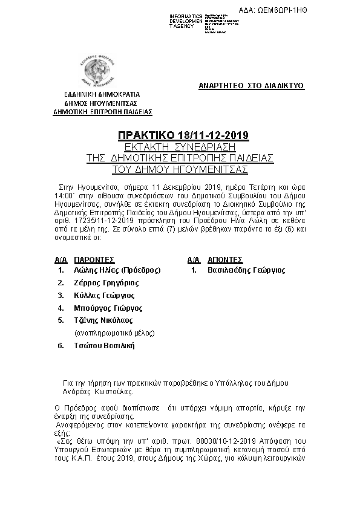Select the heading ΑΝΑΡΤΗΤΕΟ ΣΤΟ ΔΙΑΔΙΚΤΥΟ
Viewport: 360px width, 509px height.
[252, 86]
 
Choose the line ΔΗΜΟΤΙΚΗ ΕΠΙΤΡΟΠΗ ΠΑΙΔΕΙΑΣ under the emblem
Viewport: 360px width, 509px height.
[103, 112]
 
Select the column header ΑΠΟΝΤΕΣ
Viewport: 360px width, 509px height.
[225, 259]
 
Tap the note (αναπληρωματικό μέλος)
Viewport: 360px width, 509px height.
[114, 333]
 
